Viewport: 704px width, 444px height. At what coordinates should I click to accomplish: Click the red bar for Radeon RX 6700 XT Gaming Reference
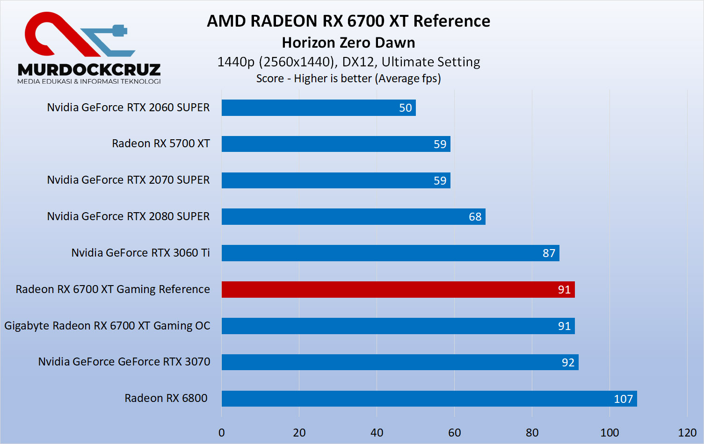click(398, 289)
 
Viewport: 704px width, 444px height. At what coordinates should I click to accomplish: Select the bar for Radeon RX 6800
click(429, 399)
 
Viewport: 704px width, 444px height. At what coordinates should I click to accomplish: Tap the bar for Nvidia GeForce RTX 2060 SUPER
click(318, 107)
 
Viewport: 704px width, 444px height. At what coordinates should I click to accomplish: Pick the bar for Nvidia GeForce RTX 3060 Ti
click(390, 253)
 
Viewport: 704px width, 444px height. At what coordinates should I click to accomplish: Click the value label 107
click(623, 399)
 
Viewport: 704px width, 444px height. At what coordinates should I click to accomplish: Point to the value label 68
click(475, 217)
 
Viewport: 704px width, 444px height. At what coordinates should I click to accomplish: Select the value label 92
click(568, 363)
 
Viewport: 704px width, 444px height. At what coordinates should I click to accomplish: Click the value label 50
click(405, 108)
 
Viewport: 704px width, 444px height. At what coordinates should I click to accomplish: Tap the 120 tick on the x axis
click(687, 433)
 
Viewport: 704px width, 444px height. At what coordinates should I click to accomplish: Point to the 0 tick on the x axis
click(222, 433)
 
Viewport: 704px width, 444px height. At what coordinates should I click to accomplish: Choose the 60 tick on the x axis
click(454, 433)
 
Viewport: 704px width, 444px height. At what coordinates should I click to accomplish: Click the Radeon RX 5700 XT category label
click(160, 143)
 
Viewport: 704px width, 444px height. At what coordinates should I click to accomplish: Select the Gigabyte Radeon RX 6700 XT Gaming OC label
click(107, 326)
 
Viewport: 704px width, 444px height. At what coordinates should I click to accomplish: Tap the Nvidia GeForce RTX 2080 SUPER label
click(128, 216)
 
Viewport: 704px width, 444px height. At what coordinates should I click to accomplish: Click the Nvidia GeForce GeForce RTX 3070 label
click(124, 362)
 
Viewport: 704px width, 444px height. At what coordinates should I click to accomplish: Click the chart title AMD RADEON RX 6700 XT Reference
click(348, 21)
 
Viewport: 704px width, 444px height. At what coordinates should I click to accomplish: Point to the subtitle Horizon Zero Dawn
click(348, 43)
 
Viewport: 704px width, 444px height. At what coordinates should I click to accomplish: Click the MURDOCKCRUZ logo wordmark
click(89, 70)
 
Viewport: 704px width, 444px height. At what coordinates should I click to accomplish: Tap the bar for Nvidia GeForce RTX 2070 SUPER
click(336, 180)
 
